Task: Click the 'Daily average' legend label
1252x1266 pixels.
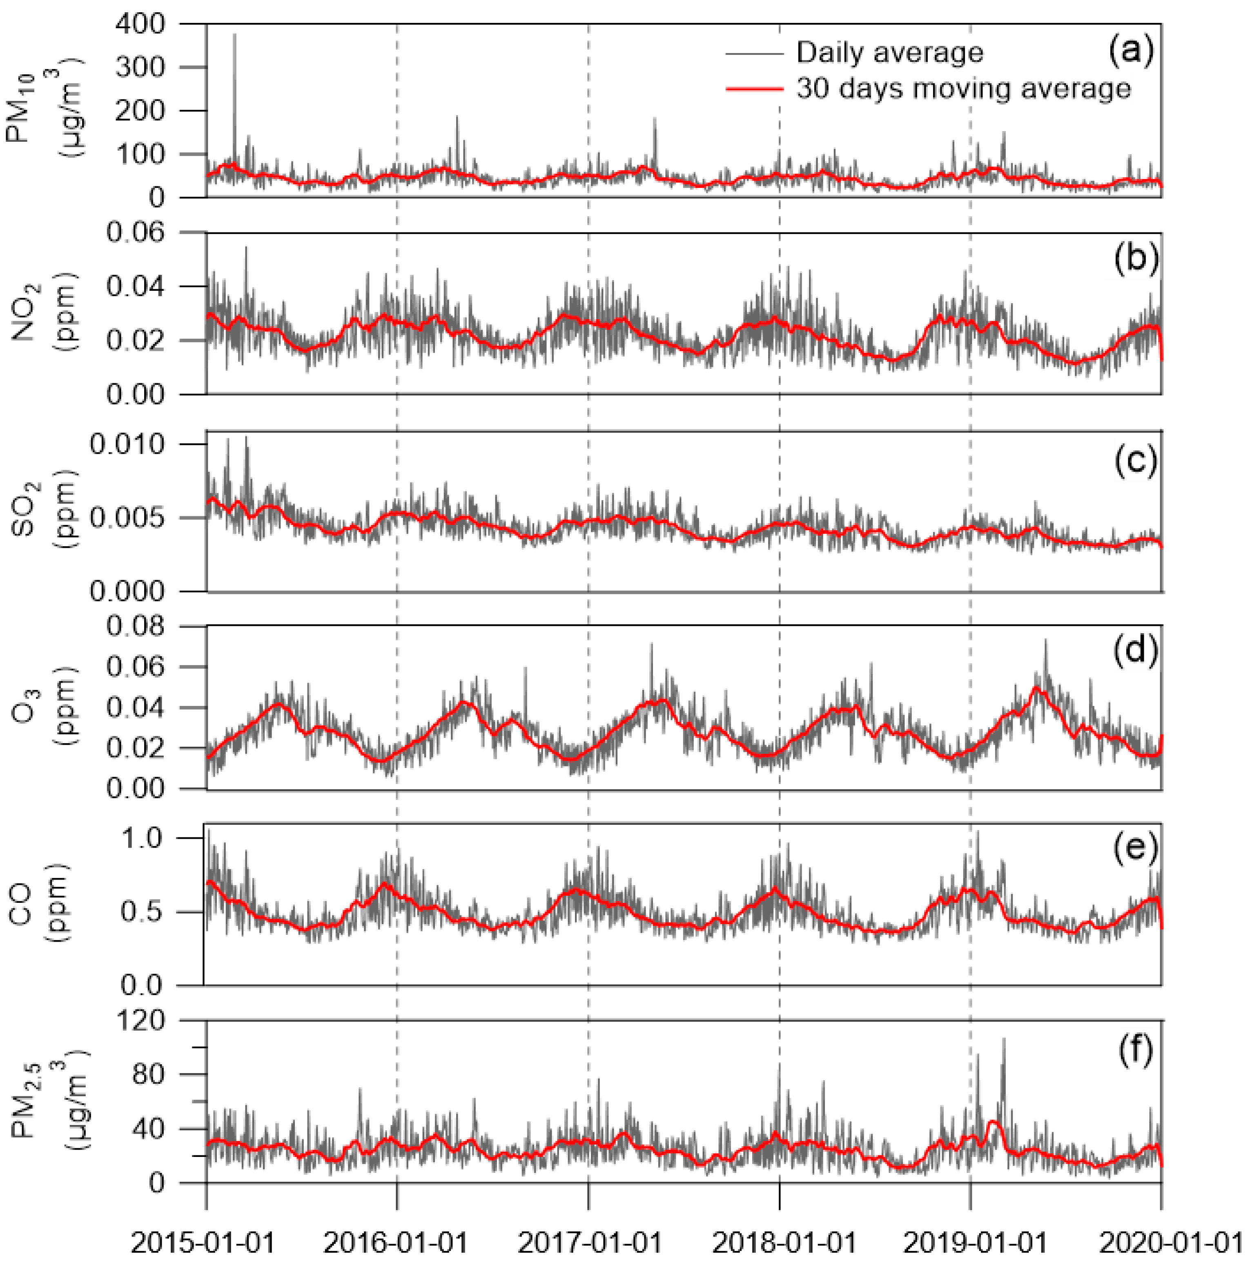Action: (889, 52)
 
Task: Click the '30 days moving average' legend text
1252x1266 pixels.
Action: (963, 89)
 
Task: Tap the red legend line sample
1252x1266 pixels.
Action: (754, 89)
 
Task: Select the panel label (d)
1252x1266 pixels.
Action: (1135, 650)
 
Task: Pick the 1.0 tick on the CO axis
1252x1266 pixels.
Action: (142, 838)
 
